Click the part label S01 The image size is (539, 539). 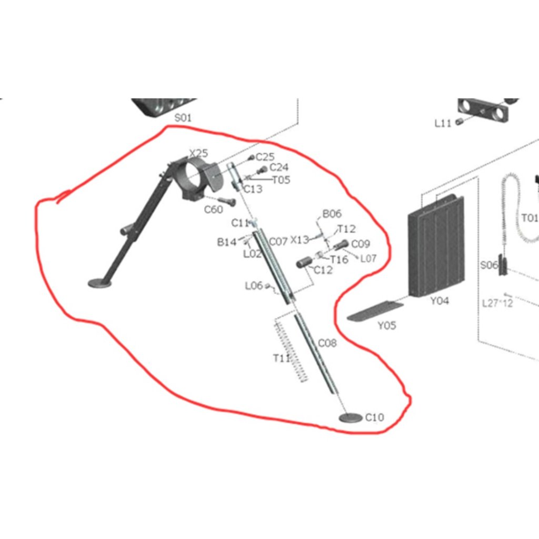pyautogui.click(x=183, y=118)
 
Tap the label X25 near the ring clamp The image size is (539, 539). pyautogui.click(x=198, y=153)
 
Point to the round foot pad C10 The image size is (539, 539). pyautogui.click(x=351, y=418)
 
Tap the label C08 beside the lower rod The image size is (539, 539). pyautogui.click(x=327, y=343)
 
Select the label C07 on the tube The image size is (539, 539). pyautogui.click(x=278, y=242)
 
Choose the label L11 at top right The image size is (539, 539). pyautogui.click(x=443, y=123)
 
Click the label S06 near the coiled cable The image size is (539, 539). pyautogui.click(x=488, y=265)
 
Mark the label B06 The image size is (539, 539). pyautogui.click(x=332, y=214)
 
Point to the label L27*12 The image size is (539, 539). pyautogui.click(x=497, y=303)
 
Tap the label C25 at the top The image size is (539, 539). pyautogui.click(x=265, y=157)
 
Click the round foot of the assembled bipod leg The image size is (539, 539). pyautogui.click(x=99, y=283)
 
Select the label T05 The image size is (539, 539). pyautogui.click(x=281, y=179)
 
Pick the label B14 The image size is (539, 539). pyautogui.click(x=227, y=242)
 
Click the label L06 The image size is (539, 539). pyautogui.click(x=254, y=286)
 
